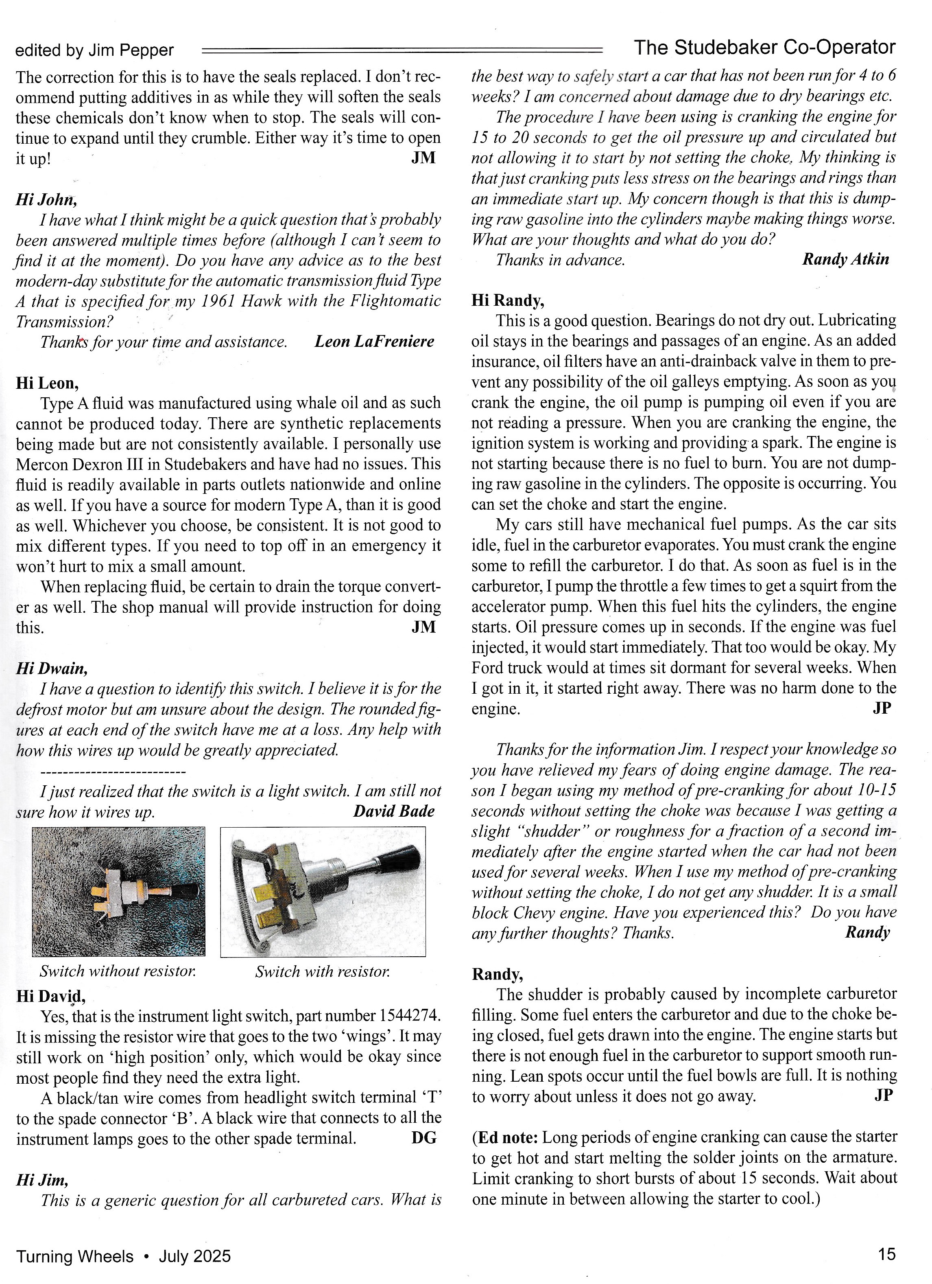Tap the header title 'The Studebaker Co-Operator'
click(764, 48)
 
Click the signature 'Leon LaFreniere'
click(374, 342)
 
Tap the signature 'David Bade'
click(393, 811)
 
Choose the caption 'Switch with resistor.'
click(322, 971)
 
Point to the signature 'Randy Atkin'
click(845, 259)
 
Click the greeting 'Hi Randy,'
click(508, 300)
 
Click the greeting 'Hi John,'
click(46, 199)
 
